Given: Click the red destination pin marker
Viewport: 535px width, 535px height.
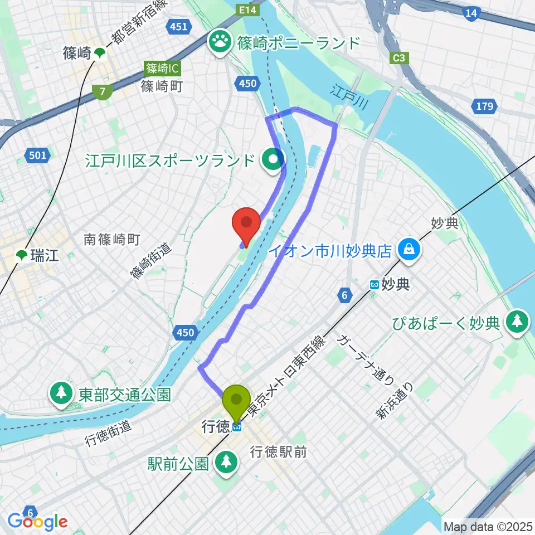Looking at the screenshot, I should [x=246, y=223].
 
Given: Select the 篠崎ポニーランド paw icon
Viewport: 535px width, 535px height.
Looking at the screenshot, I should [x=221, y=42].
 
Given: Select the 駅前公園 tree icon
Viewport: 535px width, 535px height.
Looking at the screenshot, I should [x=227, y=462].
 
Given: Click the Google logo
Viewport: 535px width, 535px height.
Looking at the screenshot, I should [x=38, y=521].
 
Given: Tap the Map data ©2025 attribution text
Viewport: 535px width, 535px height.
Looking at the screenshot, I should [x=487, y=526].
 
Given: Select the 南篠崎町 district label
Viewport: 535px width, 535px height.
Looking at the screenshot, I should [x=111, y=240].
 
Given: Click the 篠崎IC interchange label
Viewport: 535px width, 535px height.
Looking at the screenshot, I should [x=160, y=69].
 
